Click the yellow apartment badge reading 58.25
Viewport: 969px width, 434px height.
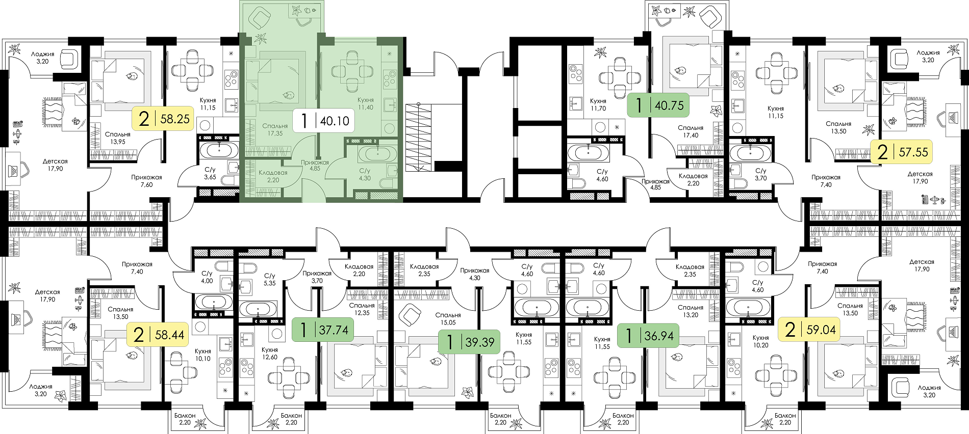pyautogui.click(x=163, y=119)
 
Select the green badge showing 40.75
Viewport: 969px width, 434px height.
pyautogui.click(x=658, y=105)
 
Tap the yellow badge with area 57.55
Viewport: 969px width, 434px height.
pyautogui.click(x=901, y=152)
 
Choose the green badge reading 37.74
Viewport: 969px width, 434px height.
pyautogui.click(x=323, y=330)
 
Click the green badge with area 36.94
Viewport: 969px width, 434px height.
pyautogui.click(x=648, y=336)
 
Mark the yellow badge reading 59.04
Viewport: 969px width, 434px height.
pyautogui.click(x=809, y=330)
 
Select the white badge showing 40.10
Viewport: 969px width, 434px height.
pyautogui.click(x=324, y=121)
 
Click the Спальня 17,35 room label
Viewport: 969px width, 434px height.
pyautogui.click(x=275, y=129)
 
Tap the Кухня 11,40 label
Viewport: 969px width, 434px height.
pyautogui.click(x=366, y=104)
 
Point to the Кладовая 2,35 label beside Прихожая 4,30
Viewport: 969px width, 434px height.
pyautogui.click(x=424, y=270)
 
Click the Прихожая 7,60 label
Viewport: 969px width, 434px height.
pyautogui.click(x=146, y=181)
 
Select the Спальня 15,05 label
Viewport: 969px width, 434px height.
pyautogui.click(x=448, y=319)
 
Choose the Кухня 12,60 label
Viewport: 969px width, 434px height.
pyautogui.click(x=269, y=354)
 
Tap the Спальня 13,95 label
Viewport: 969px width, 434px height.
pyautogui.click(x=118, y=138)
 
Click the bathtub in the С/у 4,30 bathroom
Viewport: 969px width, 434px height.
pyautogui.click(x=377, y=154)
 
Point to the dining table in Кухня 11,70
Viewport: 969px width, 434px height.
pyautogui.click(x=620, y=78)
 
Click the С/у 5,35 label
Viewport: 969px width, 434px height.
pyautogui.click(x=269, y=279)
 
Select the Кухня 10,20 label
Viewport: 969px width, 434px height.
pyautogui.click(x=760, y=341)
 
